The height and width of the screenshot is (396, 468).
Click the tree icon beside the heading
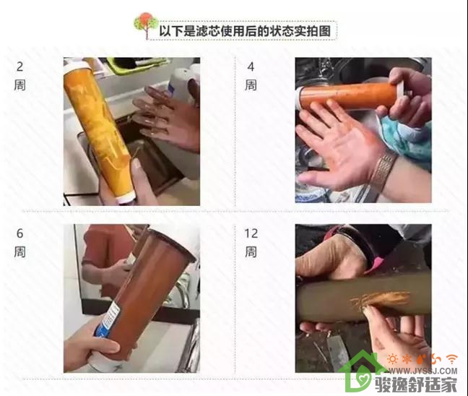click(146, 25)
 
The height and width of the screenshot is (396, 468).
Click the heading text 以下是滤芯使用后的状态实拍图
click(245, 31)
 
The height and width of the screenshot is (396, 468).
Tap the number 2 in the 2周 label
click(19, 66)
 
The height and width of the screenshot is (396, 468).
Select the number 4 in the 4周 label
click(251, 67)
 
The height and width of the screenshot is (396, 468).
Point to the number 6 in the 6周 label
click(19, 233)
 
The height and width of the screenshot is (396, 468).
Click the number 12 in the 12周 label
click(251, 233)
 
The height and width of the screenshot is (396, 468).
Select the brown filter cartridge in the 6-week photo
click(143, 296)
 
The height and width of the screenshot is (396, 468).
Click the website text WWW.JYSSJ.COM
click(422, 371)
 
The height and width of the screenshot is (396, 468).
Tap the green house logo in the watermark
click(362, 371)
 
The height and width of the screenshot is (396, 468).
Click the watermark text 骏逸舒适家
click(416, 384)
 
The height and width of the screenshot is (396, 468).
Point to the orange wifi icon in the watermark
click(452, 358)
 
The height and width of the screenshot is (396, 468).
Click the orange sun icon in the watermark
click(393, 359)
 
